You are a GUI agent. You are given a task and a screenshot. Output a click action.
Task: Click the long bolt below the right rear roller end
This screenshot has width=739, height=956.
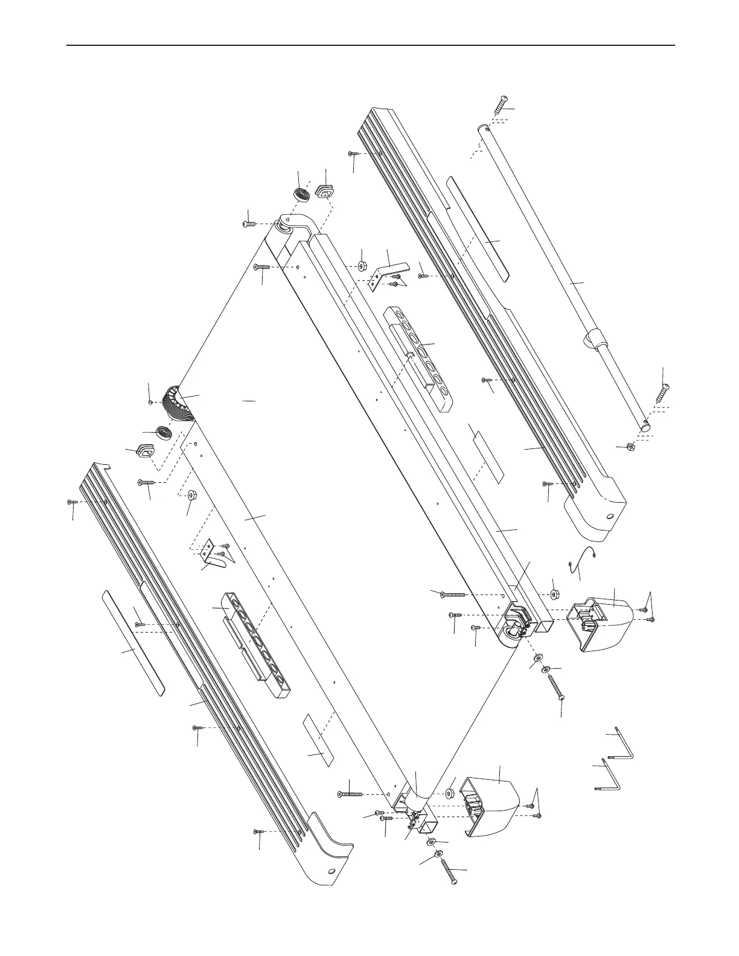[x=557, y=688]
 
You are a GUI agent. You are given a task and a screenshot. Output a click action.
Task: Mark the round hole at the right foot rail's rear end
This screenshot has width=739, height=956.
[x=610, y=517]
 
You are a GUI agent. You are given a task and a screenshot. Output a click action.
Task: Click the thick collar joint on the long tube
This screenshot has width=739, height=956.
[x=592, y=342]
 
